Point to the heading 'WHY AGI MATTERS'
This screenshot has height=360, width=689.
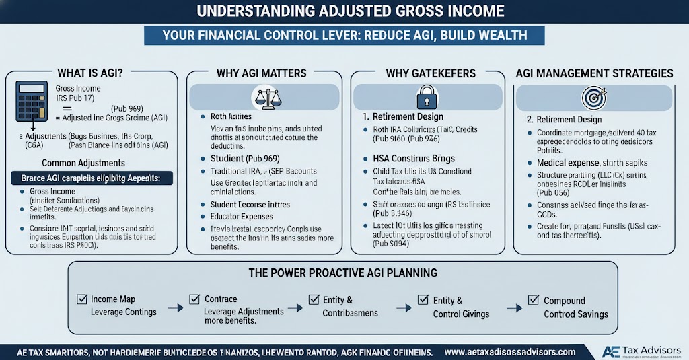tap(261, 72)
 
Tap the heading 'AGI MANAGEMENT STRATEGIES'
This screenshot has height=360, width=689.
tap(594, 72)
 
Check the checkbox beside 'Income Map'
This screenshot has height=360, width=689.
tap(83, 299)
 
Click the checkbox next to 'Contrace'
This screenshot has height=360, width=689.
tap(194, 299)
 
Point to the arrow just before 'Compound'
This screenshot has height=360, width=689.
tap(515, 307)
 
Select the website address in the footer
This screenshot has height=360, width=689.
tap(511, 352)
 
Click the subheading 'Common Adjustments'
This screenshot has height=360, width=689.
tap(83, 162)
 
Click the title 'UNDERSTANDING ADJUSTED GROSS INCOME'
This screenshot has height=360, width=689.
tap(344, 11)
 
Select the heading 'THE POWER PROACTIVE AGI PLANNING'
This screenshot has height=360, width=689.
tap(344, 273)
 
